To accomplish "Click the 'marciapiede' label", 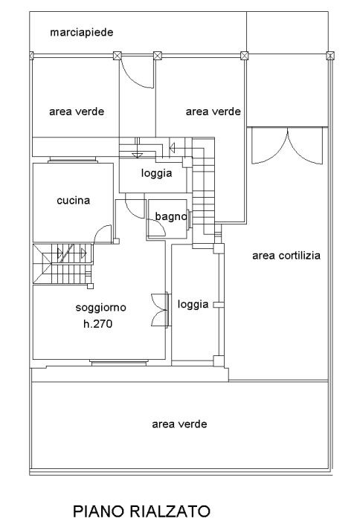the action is (x=81, y=33).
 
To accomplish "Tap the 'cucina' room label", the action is (x=74, y=201).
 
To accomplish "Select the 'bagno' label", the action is (x=171, y=217).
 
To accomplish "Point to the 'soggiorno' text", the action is (x=100, y=308).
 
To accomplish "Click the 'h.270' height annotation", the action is (x=97, y=323).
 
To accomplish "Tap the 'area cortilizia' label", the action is (x=286, y=256).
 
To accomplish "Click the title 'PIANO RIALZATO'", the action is (x=141, y=511).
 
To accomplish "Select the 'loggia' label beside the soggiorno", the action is (x=193, y=305).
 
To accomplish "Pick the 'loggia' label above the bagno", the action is (x=156, y=173).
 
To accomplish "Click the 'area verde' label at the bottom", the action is (x=179, y=424).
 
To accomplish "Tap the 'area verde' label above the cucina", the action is (x=77, y=111).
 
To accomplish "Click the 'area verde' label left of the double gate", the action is (x=213, y=111).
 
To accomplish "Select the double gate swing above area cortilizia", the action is (x=287, y=146).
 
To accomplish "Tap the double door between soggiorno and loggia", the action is (x=160, y=310).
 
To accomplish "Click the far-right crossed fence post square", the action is (x=330, y=56).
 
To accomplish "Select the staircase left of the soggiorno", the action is (x=63, y=263).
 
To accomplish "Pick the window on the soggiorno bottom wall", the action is (x=119, y=363).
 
